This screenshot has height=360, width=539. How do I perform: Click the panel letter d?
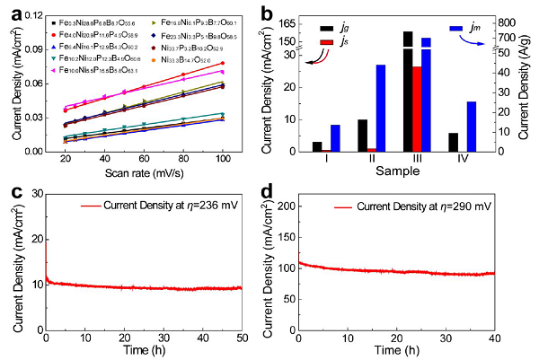(283, 192)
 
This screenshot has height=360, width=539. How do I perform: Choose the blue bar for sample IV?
(471, 126)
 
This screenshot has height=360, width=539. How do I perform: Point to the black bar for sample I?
(317, 146)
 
